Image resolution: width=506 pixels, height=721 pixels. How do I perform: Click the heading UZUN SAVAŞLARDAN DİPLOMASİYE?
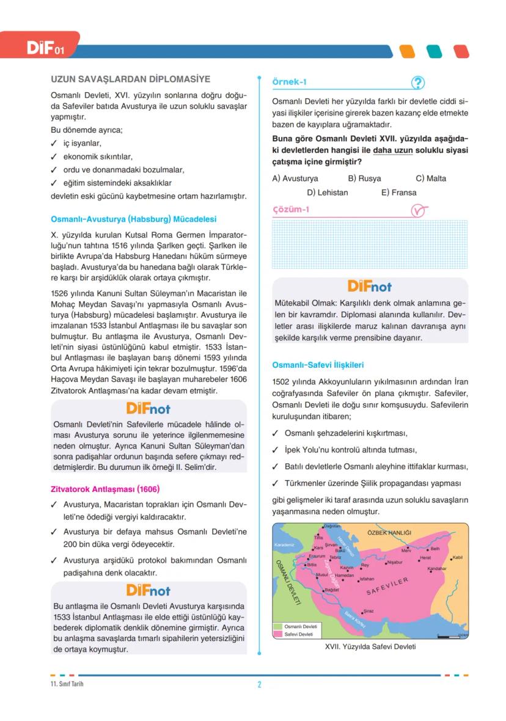click(x=130, y=79)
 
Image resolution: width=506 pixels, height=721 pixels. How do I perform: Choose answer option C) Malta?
click(x=431, y=178)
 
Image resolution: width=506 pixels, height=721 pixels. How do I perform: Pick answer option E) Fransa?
click(x=398, y=192)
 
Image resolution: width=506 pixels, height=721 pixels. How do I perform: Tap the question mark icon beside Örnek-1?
click(x=418, y=82)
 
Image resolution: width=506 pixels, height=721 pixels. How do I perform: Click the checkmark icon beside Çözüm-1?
click(x=418, y=211)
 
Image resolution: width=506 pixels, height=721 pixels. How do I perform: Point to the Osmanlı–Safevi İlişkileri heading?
click(x=318, y=365)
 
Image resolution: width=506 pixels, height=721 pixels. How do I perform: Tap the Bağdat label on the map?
click(x=332, y=590)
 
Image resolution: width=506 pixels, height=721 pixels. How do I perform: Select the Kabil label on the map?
click(x=457, y=557)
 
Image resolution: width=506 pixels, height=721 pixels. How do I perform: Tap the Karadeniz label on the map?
click(x=284, y=544)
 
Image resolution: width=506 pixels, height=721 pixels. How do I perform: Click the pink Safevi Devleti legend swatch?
click(x=279, y=634)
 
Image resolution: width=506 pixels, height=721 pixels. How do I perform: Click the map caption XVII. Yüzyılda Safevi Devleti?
click(x=370, y=647)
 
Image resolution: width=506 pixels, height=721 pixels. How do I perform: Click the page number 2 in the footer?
click(x=259, y=684)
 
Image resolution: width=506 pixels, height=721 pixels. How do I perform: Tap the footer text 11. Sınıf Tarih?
click(x=67, y=684)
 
